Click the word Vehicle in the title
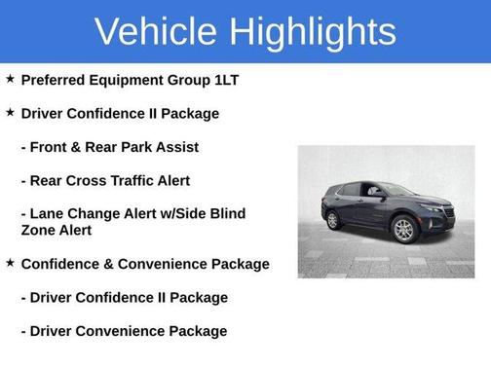pos(158,31)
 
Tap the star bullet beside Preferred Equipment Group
pos(10,79)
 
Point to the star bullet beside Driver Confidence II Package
pos(10,113)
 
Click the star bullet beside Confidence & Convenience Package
pos(10,263)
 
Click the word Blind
pos(226,213)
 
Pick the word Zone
pos(39,231)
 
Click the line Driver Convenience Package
pos(124,331)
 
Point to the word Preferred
pos(55,80)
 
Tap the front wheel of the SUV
pos(403,231)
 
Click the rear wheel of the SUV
pos(334,220)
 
